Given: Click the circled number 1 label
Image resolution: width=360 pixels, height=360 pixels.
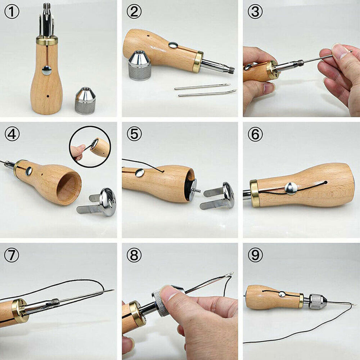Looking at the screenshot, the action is coord(12,12).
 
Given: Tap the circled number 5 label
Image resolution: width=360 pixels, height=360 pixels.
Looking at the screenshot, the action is coord(134,134).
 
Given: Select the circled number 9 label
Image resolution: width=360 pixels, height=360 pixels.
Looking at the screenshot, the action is coord(255,255).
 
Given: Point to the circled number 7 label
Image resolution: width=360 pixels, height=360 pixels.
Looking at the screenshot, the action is coord(12,255).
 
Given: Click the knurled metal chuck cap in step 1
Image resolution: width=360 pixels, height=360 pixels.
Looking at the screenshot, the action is coord(85,100).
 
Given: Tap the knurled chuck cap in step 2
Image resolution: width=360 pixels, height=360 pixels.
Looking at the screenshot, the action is coord(139,65).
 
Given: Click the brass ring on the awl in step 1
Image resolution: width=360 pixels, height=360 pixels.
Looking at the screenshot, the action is coord(47,40).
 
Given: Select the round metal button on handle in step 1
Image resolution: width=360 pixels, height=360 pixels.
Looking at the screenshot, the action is coord(46,71).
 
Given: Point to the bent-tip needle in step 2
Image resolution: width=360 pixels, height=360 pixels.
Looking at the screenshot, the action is coord(208,93).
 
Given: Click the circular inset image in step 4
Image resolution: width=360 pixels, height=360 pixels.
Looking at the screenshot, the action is coord(90,147).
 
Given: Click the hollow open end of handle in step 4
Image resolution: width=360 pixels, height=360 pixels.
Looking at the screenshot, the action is coord(69,188).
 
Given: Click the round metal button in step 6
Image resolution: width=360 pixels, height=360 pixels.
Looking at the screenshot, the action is coord(291,189).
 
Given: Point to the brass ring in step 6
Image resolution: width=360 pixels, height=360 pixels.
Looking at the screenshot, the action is coord(255,193).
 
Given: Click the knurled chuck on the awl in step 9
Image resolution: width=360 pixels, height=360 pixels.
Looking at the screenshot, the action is coord(318,301).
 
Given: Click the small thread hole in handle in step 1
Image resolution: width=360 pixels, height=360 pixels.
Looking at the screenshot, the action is coord(48,96).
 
